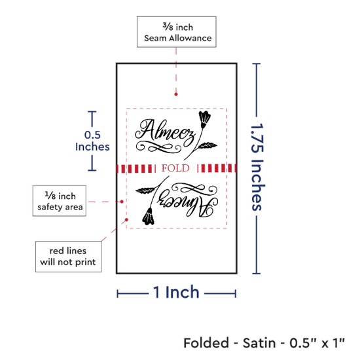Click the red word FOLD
pyautogui.click(x=175, y=168)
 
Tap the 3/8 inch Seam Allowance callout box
pyautogui.click(x=177, y=31)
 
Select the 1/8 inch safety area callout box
pyautogui.click(x=60, y=201)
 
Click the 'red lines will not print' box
pyautogui.click(x=69, y=257)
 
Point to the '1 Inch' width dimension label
pyautogui.click(x=176, y=293)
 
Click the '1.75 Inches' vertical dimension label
pyautogui.click(x=257, y=167)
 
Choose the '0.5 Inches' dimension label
pyautogui.click(x=92, y=141)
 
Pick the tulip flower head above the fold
pyautogui.click(x=204, y=119)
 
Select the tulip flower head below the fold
pyautogui.click(x=148, y=216)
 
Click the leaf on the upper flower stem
pyautogui.click(x=207, y=145)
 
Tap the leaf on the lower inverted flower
pyautogui.click(x=145, y=190)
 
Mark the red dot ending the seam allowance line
pyautogui.click(x=176, y=94)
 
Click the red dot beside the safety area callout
pyautogui.click(x=122, y=202)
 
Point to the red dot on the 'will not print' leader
pyautogui.click(x=126, y=220)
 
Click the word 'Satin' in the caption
pyautogui.click(x=259, y=343)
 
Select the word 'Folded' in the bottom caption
pyautogui.click(x=206, y=343)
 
